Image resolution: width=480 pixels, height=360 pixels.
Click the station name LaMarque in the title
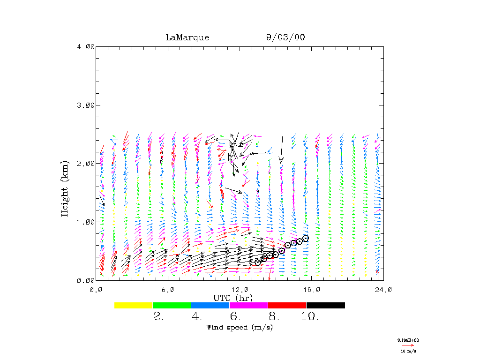coord(187,37)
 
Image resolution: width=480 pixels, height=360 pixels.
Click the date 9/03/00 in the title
coord(285,37)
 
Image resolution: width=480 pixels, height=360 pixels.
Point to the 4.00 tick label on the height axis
coord(85,47)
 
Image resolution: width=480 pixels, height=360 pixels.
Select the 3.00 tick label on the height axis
coord(85,105)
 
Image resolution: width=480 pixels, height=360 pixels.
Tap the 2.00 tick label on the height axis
coord(85,164)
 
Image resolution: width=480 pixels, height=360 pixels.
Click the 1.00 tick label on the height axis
coord(85,222)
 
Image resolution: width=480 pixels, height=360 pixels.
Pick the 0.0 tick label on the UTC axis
coord(96,290)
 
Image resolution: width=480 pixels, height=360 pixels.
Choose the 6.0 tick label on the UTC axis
coord(168,290)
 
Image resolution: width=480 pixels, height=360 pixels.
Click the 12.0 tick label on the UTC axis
coord(240,290)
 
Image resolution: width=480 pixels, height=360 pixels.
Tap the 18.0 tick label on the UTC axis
coord(312,290)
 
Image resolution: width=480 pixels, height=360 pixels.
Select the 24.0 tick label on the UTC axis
coord(383,290)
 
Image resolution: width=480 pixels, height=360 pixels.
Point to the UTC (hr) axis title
coord(233,298)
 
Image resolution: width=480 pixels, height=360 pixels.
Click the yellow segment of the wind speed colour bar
coord(134,305)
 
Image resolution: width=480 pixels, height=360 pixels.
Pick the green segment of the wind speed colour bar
coord(172,305)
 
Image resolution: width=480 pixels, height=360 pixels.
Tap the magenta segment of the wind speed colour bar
coord(249,305)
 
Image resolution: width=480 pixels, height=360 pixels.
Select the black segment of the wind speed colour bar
coord(326,305)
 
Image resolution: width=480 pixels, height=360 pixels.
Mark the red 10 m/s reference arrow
coord(408,345)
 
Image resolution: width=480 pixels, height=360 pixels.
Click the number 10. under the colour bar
coord(310,317)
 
